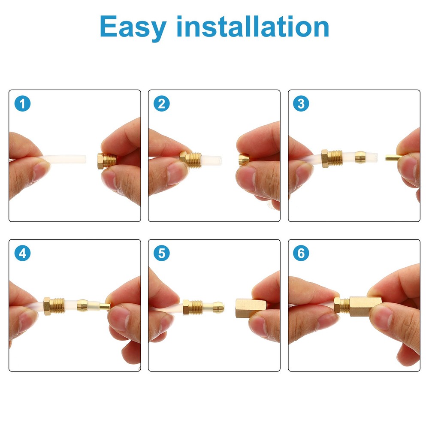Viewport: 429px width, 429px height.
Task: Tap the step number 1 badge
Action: point(22,103)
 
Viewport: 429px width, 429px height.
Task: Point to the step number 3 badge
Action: point(301,103)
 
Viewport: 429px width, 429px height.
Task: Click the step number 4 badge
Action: point(22,253)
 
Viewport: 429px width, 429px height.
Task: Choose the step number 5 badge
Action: point(161,253)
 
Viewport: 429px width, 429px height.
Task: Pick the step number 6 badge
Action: point(301,253)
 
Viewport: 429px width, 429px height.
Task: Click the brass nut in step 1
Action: point(107,160)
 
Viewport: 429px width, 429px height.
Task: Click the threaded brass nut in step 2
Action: point(191,160)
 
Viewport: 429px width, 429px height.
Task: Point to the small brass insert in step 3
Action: point(391,158)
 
